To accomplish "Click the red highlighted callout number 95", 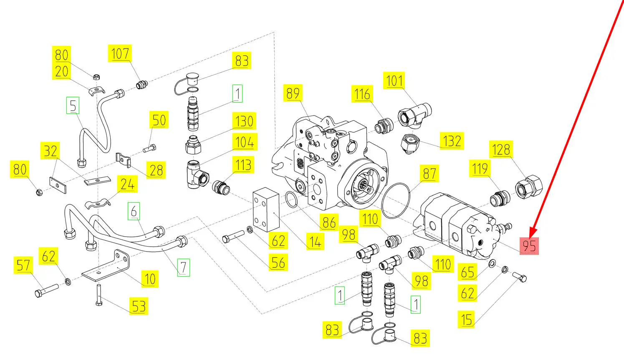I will point(529,246).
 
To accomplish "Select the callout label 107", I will point(120,54).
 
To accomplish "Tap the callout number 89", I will point(293,93).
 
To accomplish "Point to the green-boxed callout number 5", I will point(73,106).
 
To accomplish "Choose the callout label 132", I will point(452,141).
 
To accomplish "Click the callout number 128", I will point(501,149).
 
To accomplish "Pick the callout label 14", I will point(315,241).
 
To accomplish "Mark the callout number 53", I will point(139,307).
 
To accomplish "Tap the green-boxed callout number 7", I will point(183,267).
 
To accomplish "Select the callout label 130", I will point(244,121).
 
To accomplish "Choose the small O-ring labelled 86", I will point(292,199).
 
